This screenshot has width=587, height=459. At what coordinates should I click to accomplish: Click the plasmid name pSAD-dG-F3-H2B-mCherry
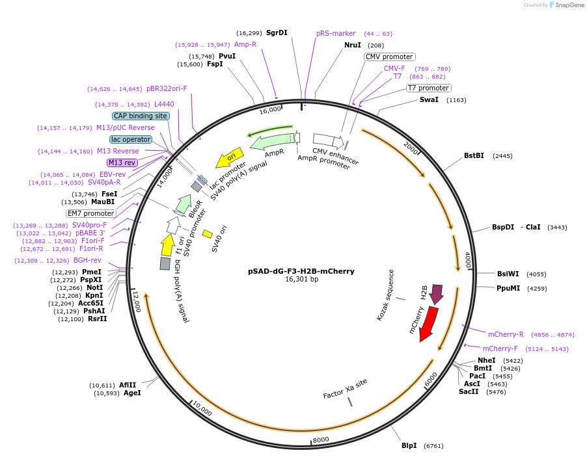click(301, 271)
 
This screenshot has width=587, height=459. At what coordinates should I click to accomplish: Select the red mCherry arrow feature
click(428, 323)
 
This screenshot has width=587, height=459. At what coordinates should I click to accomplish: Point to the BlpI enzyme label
click(409, 446)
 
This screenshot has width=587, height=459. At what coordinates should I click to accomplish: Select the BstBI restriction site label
click(474, 156)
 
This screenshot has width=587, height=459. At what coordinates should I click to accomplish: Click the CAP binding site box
click(141, 116)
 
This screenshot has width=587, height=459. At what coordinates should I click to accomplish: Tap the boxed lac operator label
click(131, 139)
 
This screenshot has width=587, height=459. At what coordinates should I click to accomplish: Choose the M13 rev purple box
click(122, 163)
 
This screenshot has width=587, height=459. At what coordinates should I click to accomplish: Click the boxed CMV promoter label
click(389, 57)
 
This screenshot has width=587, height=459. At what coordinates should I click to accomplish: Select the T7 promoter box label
click(428, 88)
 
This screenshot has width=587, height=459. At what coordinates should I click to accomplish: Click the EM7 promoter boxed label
click(90, 213)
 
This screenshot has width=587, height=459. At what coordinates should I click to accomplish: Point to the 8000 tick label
click(321, 440)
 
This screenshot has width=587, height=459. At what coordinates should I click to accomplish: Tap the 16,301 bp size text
click(301, 280)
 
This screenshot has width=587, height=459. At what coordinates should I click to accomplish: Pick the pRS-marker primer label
click(336, 33)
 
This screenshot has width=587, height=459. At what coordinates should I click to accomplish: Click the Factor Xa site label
click(345, 389)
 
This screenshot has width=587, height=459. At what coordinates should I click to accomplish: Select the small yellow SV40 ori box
click(208, 233)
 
